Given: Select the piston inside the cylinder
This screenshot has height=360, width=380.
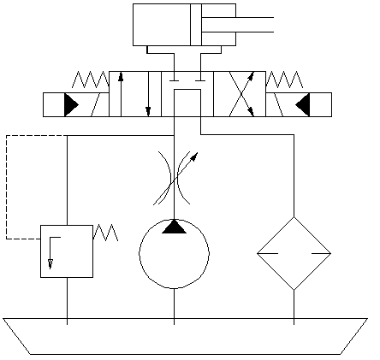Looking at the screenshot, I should pos(196,24).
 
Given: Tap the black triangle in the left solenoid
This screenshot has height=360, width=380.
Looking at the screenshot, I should pos(70,104).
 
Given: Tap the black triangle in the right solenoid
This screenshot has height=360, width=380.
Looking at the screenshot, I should pos(302,104).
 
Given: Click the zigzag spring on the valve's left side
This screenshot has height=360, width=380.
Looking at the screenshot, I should pos(90,80).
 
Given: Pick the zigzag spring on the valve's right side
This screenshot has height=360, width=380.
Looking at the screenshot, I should pos(284,80).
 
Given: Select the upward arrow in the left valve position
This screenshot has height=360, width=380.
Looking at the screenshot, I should pos(121,93).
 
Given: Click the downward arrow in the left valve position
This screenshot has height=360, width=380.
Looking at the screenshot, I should pos(148,93).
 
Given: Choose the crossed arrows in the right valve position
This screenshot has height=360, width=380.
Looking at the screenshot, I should pos(240,93).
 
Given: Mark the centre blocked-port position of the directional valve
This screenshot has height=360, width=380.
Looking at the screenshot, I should pos(187,93).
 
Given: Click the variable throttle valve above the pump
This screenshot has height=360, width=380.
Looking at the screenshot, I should pos(174,178).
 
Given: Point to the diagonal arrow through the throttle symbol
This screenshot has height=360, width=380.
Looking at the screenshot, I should pos(190,161).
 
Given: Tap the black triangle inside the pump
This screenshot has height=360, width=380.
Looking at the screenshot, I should pos(174,227).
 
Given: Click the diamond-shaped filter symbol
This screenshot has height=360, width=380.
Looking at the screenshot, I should pos(294,253).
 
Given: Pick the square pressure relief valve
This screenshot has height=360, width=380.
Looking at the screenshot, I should pos(67,251).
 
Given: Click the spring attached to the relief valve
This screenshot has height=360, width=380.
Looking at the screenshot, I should pos(104,232).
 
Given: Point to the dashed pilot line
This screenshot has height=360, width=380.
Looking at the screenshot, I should pos(7,188).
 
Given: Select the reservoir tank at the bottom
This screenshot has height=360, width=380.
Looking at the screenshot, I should pos(185,337).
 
